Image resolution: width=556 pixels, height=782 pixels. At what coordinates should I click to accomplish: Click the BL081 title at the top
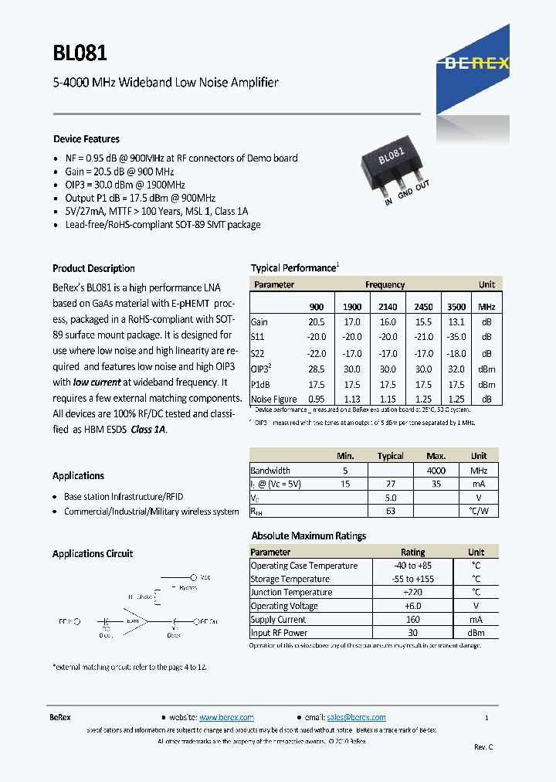80,53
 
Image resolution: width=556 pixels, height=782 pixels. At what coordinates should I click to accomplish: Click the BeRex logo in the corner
477,64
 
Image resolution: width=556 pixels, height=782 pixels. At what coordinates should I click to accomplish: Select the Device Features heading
86,139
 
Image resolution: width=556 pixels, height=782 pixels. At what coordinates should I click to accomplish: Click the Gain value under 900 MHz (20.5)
317,321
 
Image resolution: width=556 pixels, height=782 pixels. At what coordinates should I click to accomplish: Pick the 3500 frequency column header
456,307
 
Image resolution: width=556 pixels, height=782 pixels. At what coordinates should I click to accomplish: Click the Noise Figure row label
273,399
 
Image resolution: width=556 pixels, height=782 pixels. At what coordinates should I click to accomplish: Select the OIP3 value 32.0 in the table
456,369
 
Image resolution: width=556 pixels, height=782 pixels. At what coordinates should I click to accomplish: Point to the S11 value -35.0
456,337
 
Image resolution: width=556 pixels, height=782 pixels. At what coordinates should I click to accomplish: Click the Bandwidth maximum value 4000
436,470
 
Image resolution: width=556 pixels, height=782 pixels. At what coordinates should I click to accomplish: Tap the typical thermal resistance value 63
390,511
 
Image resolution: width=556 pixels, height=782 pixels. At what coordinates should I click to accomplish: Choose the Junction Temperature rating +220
412,593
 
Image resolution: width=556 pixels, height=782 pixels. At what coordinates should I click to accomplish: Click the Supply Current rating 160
412,620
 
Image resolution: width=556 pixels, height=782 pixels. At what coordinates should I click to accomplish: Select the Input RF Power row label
279,633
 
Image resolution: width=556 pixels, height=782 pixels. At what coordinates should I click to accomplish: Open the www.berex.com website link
226,717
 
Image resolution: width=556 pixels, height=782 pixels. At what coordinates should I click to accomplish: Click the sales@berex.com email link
356,717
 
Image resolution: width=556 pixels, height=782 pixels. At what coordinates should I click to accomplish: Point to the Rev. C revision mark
483,746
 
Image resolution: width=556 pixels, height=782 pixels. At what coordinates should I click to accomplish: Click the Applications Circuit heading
93,554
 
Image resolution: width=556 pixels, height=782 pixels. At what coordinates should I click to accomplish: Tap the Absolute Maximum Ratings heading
309,535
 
